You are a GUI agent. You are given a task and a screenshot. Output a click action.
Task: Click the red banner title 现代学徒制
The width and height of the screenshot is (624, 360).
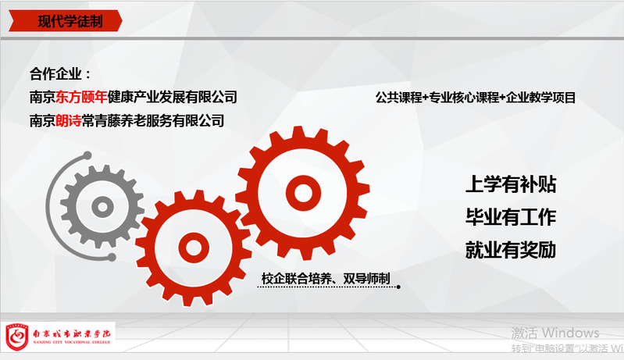pos(70,21)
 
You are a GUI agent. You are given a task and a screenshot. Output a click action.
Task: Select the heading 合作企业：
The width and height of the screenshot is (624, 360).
pos(60,73)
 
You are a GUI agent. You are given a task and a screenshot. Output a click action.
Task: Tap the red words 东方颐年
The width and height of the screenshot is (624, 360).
pos(81,97)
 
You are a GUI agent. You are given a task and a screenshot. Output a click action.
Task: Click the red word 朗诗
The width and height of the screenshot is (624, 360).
pos(69,120)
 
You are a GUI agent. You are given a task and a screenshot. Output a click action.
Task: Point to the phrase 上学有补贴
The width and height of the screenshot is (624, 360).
pos(511,184)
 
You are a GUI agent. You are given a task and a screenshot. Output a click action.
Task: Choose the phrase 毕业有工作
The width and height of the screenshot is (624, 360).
pos(511,217)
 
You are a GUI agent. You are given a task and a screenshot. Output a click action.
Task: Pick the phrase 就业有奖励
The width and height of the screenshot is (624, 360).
pos(511,250)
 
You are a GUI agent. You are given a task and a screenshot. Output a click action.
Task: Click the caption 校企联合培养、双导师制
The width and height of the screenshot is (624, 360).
pos(326,279)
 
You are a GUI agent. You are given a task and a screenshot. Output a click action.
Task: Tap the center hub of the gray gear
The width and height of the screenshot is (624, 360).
pos(102,207)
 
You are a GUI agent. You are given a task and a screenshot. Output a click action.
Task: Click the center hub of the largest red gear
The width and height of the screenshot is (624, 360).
pos(303,193)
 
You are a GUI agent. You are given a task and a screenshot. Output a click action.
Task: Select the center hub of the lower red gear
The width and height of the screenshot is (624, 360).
pos(194,248)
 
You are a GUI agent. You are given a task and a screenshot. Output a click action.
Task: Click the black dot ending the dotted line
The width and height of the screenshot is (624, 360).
pos(398,287)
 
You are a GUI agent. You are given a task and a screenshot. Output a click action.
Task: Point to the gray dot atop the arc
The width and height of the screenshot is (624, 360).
pos(87,155)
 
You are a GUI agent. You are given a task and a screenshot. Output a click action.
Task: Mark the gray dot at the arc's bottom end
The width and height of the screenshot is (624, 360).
pos(112,258)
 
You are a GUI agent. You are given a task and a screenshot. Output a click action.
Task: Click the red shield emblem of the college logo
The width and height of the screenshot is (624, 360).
pos(16,337)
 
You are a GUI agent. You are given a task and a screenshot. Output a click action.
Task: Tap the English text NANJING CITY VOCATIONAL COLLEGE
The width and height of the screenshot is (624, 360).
pos(72,342)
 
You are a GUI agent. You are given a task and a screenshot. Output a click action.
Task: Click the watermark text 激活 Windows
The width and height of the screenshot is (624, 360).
pos(555,333)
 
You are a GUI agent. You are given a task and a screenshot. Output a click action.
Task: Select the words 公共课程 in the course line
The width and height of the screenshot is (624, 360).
pos(399,98)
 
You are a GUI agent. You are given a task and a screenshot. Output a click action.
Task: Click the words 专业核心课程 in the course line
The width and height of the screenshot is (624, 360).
pos(465,98)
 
